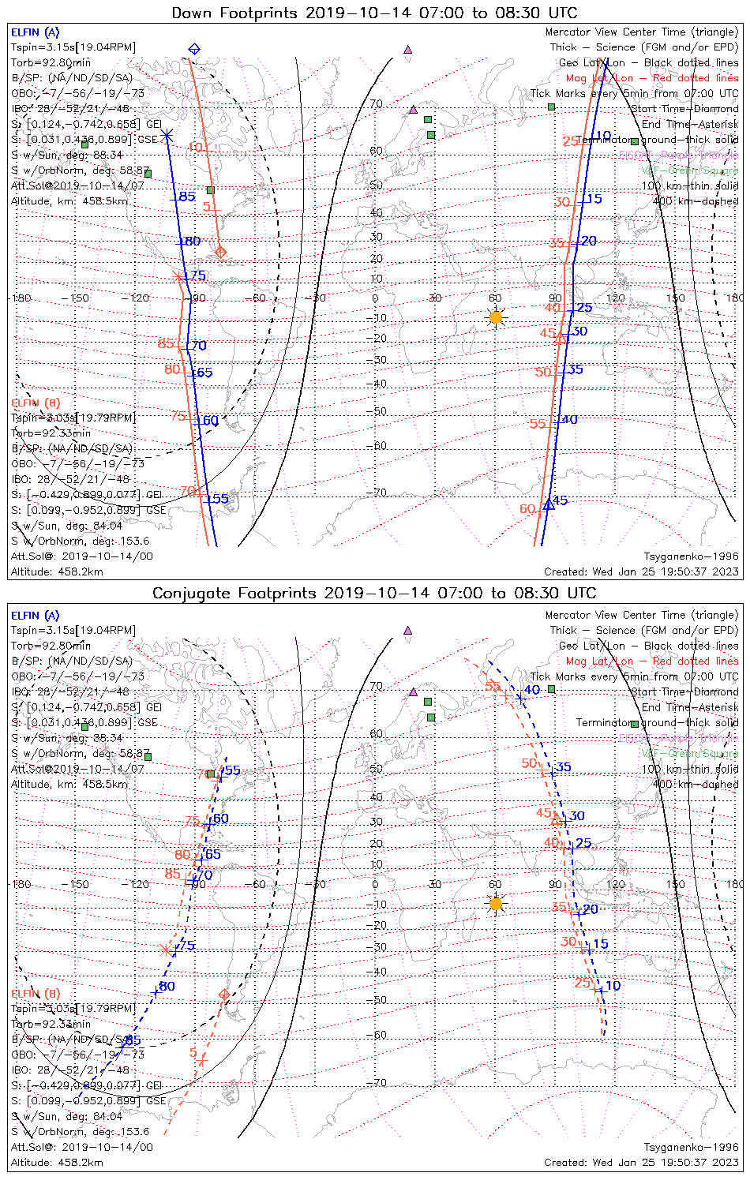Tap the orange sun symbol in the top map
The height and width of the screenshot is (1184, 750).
coord(496,317)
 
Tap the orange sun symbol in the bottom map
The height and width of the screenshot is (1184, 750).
coord(496,904)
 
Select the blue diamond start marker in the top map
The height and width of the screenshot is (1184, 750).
coord(194,50)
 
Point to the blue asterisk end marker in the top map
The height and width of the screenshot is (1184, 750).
coord(167,137)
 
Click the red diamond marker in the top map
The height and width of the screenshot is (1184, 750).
coord(221,252)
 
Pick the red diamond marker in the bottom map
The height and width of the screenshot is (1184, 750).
coord(224,994)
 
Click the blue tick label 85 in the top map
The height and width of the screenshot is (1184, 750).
coord(187,197)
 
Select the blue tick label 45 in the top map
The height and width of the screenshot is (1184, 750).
coord(560,500)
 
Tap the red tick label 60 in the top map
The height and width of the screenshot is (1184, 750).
coord(527,509)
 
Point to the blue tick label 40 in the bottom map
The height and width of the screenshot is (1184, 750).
coord(533,690)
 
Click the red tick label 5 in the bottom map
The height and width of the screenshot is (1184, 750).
coord(193,1053)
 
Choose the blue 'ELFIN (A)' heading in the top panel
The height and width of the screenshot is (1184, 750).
coord(35,32)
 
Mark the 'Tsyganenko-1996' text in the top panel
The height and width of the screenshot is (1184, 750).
coord(691,556)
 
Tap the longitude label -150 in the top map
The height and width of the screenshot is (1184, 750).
coord(80,298)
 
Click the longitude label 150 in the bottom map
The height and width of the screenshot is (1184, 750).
coord(675,884)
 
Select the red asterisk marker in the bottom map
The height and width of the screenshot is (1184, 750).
coord(166,950)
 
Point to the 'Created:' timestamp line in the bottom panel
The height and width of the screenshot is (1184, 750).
coord(641,1163)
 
